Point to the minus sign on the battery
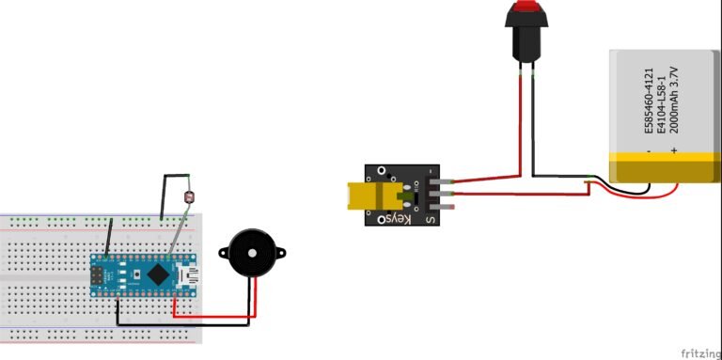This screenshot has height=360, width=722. point(649,149)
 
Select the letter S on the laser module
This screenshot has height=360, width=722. point(431,220)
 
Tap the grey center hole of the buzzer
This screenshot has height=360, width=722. point(252,252)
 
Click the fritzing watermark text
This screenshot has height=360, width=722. point(697,349)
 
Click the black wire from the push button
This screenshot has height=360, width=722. point(534,122)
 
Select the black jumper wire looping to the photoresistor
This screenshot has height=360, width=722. point(165,193)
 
